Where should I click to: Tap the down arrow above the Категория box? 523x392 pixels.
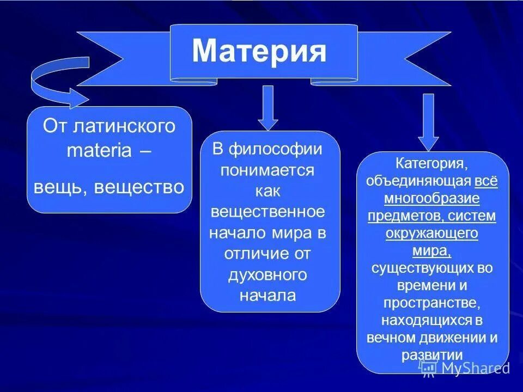point(428,122)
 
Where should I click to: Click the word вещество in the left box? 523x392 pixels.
point(139,187)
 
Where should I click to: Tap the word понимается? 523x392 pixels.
point(267,170)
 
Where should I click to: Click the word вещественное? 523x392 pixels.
point(267,211)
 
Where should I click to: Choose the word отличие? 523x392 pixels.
point(257,253)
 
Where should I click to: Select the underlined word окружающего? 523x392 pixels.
point(431,233)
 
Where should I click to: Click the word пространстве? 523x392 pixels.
point(431,303)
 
